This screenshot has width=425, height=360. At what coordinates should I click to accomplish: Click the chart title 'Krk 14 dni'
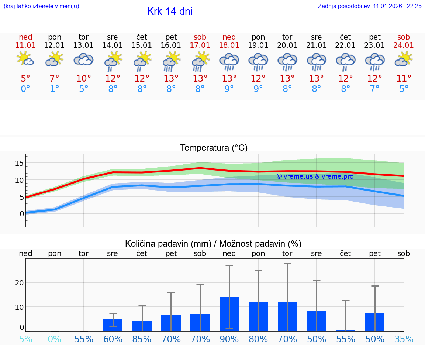pyautogui.click(x=170, y=11)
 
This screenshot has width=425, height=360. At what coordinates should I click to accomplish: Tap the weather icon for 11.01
pyautogui.click(x=25, y=59)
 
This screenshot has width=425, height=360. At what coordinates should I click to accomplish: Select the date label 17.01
pyautogui.click(x=200, y=45)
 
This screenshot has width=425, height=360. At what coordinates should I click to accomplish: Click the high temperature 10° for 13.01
pyautogui.click(x=84, y=78)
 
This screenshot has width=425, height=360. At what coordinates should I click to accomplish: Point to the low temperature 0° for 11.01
pyautogui.click(x=25, y=89)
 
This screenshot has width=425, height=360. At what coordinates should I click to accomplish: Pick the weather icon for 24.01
pyautogui.click(x=404, y=59)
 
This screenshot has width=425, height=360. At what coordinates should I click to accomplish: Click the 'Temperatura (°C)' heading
pyautogui.click(x=214, y=148)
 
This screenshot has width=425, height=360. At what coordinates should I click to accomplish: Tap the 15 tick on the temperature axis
pyautogui.click(x=20, y=163)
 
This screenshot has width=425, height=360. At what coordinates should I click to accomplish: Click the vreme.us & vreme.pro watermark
pyautogui.click(x=315, y=176)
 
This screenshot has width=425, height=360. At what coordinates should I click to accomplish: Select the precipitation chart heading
pyautogui.click(x=213, y=244)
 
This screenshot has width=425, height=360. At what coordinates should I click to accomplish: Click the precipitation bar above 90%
pyautogui.click(x=229, y=314)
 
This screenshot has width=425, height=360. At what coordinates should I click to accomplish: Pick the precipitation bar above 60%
pyautogui.click(x=113, y=325)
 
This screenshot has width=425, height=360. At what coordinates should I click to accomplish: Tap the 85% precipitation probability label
pyautogui.click(x=142, y=339)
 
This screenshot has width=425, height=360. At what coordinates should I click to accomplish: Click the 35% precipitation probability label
pyautogui.click(x=404, y=339)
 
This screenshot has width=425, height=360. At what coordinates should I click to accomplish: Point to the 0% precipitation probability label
pyautogui.click(x=55, y=339)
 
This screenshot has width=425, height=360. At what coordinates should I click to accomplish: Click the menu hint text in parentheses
pyautogui.click(x=41, y=6)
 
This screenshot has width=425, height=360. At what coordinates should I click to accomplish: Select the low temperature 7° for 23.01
pyautogui.click(x=374, y=89)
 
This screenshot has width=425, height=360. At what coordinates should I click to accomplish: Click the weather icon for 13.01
pyautogui.click(x=84, y=59)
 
